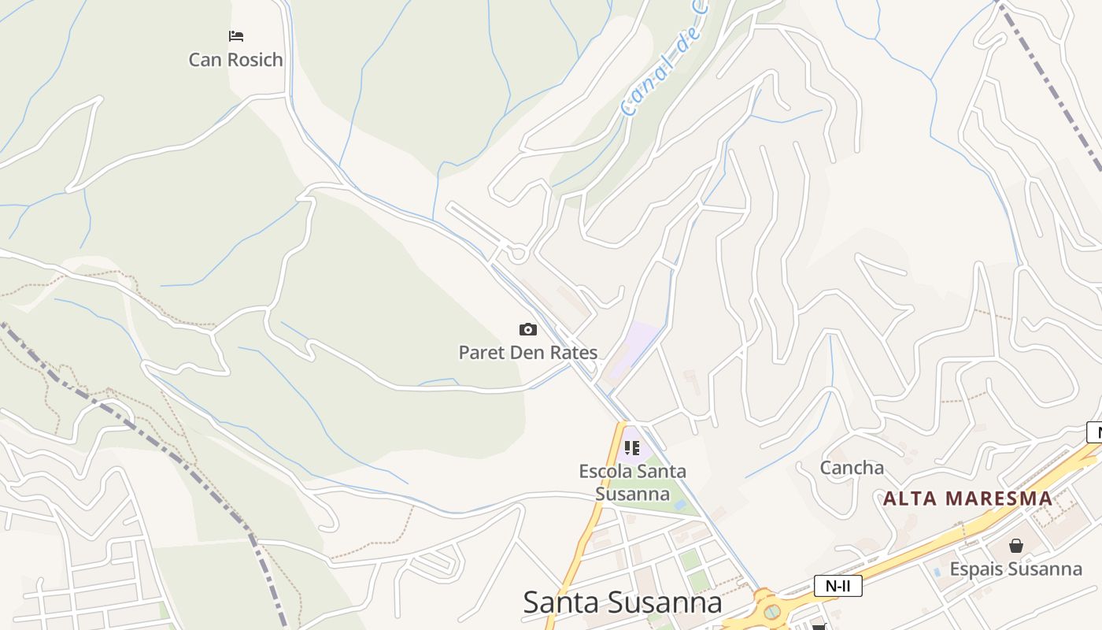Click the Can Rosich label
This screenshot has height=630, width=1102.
235,60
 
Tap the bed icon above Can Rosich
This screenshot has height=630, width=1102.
236,36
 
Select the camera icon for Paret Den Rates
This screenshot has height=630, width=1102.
528,329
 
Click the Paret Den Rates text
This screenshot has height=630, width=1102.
528,353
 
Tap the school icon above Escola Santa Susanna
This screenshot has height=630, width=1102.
632,448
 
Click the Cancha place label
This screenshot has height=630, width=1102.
852,468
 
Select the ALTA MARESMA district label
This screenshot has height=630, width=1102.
967,498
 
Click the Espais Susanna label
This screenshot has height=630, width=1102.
1015,569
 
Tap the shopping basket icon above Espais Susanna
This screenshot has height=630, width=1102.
1016,545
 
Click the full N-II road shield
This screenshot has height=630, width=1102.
838,586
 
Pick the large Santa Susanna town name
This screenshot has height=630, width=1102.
622,602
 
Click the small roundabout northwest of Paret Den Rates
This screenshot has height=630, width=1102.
517,254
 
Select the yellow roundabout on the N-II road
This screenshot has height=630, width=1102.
771,610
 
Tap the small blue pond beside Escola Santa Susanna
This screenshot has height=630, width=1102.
679,504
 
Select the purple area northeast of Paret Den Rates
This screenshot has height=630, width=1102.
636,346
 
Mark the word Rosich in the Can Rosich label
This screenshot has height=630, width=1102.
254,60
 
